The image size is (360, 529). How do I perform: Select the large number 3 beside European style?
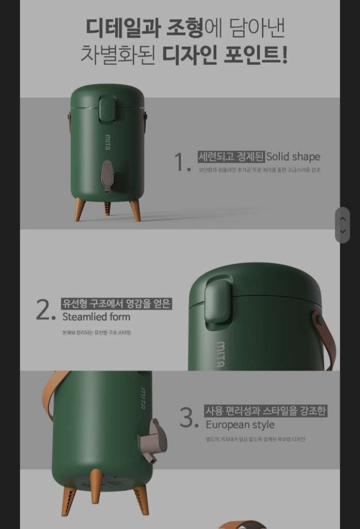coord(187,417)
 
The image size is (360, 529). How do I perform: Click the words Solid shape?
coord(293,157)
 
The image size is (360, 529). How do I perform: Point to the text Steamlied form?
coord(96,317)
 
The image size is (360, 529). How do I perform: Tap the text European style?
coord(240,425)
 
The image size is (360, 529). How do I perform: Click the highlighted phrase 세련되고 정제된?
coord(231,157)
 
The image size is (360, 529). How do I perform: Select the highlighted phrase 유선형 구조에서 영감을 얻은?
coord(116,304)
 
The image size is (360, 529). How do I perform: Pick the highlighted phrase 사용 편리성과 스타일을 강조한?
coord(266,411)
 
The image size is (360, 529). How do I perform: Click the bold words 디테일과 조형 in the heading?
coord(144,27)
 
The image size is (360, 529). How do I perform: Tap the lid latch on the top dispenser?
coord(107,110)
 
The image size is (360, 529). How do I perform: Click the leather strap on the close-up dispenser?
coord(325,336)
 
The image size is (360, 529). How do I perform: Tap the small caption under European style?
coord(255,439)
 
